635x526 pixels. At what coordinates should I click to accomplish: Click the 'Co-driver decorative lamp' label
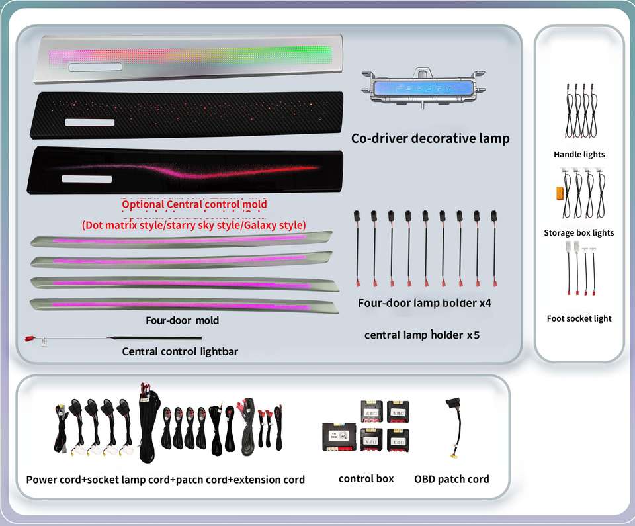tap(430, 139)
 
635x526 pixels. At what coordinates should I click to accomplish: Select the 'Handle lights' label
tap(579, 155)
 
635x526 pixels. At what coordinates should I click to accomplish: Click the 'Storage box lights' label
tap(579, 233)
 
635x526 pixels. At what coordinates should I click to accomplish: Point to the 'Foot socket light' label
tap(579, 318)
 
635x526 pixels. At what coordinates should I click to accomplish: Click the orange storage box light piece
tap(560, 193)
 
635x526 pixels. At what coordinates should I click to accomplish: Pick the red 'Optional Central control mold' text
tap(194, 205)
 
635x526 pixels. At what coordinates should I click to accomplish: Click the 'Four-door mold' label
tap(182, 320)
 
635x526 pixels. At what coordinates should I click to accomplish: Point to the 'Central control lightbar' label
tap(180, 351)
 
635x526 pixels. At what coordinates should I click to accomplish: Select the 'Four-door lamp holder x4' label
tap(424, 304)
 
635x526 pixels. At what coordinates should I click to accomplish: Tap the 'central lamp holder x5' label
tap(422, 335)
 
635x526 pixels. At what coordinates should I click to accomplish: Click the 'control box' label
tap(366, 478)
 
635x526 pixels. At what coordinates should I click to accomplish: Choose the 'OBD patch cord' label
tap(452, 479)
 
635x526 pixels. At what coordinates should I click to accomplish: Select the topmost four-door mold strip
tap(182, 240)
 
